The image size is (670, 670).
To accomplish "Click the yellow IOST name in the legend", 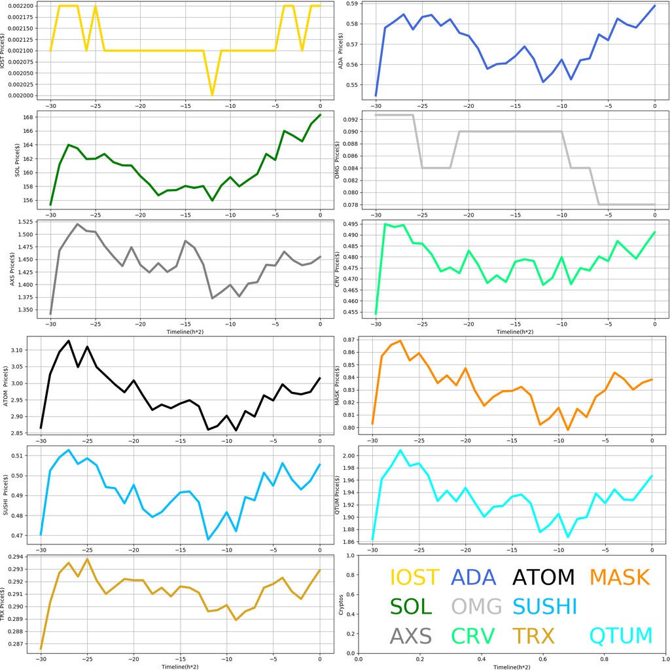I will (414, 577).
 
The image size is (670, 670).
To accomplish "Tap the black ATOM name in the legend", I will (543, 577).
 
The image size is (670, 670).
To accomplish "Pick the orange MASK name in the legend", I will (619, 577).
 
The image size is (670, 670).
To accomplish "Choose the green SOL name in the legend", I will (412, 607).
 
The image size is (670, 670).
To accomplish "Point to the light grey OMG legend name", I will (476, 607).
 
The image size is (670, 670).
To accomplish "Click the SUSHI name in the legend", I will (544, 607).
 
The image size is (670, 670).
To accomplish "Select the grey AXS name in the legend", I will (410, 635).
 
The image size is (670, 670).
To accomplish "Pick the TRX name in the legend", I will (533, 635).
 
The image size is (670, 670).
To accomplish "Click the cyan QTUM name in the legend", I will (621, 635).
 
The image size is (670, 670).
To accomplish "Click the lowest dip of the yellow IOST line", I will (212, 95).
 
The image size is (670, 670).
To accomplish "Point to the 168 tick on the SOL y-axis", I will (33, 118).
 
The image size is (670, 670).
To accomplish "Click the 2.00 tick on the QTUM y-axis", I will (351, 455).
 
